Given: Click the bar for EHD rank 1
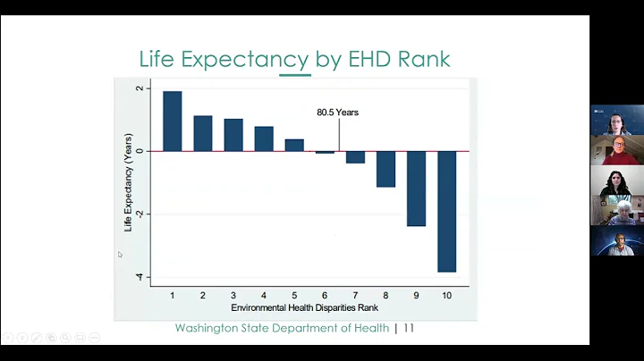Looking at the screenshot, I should pyautogui.click(x=173, y=121).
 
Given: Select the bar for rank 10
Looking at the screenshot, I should pyautogui.click(x=447, y=211).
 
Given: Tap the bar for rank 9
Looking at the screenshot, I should pyautogui.click(x=417, y=188).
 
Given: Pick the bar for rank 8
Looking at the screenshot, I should pyautogui.click(x=386, y=169).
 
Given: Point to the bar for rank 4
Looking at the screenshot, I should pyautogui.click(x=264, y=139).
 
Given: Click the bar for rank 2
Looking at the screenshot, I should pyautogui.click(x=203, y=133).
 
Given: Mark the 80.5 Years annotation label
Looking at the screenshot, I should pyautogui.click(x=338, y=113).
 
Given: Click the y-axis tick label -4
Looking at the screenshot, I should pyautogui.click(x=138, y=277).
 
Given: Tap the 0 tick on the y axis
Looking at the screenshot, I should pyautogui.click(x=139, y=151).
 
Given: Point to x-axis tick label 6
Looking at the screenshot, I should pyautogui.click(x=325, y=295).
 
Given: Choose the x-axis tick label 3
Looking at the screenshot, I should pyautogui.click(x=233, y=295).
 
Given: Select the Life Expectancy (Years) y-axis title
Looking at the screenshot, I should pyautogui.click(x=128, y=183).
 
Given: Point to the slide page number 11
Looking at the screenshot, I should pyautogui.click(x=409, y=328).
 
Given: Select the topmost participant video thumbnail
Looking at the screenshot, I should pyautogui.click(x=616, y=121).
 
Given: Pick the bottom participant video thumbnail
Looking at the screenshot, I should pyautogui.click(x=616, y=241).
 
